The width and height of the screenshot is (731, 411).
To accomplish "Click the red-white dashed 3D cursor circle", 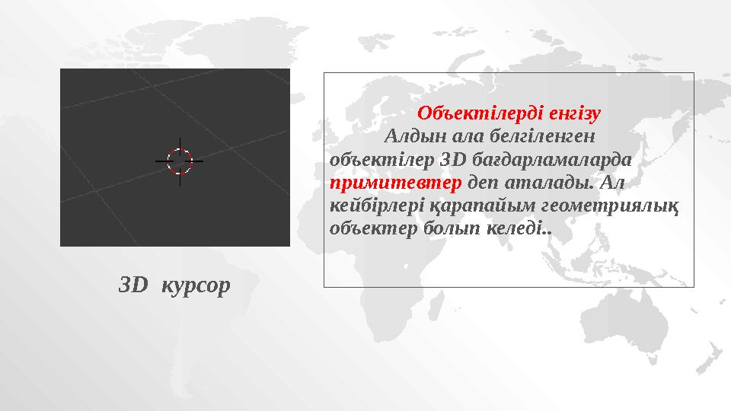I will (x=180, y=161).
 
